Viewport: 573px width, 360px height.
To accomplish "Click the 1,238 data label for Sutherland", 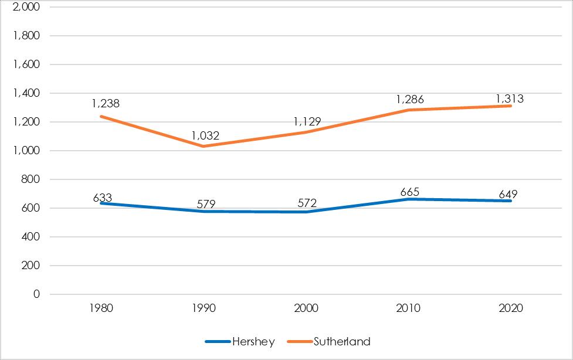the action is click(x=106, y=104).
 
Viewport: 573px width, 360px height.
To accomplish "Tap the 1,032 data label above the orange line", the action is click(x=205, y=136).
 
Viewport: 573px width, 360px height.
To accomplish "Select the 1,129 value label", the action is click(x=307, y=122).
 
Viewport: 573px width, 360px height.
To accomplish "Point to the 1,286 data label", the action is click(x=410, y=100).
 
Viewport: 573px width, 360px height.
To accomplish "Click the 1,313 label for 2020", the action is click(x=510, y=99).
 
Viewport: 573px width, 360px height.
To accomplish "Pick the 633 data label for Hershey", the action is click(x=102, y=198).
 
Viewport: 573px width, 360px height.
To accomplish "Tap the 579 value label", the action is click(x=206, y=204).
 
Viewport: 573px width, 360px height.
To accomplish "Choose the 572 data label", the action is click(x=307, y=203).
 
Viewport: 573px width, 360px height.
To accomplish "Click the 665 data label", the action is click(x=409, y=192).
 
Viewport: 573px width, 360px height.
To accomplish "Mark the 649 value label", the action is click(x=508, y=194).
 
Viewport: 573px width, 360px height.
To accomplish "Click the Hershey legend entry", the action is click(x=240, y=341).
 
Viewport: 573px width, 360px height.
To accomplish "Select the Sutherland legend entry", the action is click(x=329, y=341).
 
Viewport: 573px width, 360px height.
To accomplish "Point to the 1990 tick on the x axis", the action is click(x=204, y=308).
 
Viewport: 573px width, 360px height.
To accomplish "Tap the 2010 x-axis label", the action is click(x=408, y=308).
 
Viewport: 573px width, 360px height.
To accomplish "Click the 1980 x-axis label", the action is click(x=101, y=308).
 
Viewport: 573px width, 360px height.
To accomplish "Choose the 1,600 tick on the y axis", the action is click(x=26, y=64).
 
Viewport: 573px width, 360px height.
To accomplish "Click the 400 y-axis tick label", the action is click(x=30, y=237).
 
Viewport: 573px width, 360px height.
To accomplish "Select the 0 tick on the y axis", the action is click(x=36, y=294).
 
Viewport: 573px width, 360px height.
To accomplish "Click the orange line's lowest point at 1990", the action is click(x=204, y=146).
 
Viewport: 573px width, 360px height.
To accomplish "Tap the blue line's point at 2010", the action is click(x=409, y=199).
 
